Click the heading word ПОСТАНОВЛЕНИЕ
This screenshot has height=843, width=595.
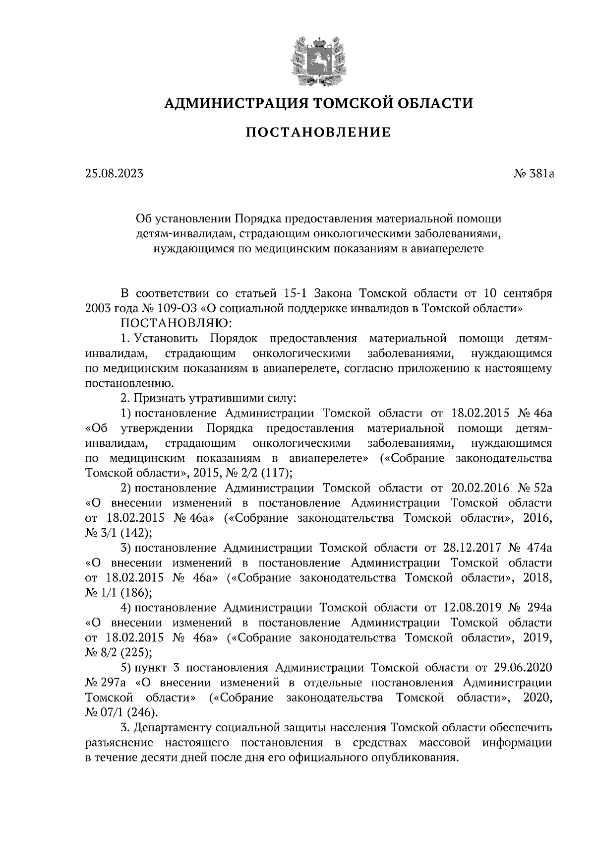coord(318,133)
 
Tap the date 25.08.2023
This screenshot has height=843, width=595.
coord(114,174)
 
